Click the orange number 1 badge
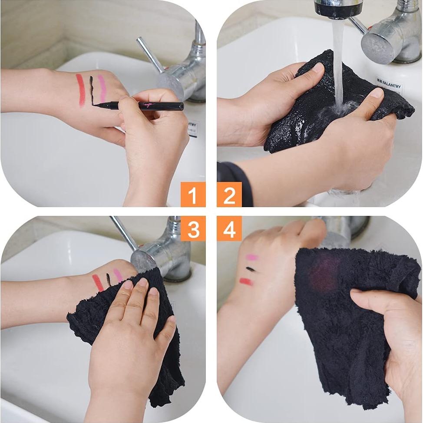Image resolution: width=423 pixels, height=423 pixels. [x=193, y=195]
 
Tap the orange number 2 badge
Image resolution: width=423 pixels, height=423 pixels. [x=229, y=195]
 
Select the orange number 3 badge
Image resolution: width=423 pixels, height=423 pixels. [x=193, y=228]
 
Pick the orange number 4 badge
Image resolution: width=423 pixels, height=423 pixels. [x=229, y=228]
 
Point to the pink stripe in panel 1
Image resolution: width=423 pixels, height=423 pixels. [x=102, y=87]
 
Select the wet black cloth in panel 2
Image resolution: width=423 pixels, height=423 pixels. [x=304, y=117]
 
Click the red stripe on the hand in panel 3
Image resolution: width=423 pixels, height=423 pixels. [x=98, y=283]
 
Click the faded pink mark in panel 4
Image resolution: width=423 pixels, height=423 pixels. [x=251, y=257]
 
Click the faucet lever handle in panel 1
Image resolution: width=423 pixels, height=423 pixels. [x=150, y=54]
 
